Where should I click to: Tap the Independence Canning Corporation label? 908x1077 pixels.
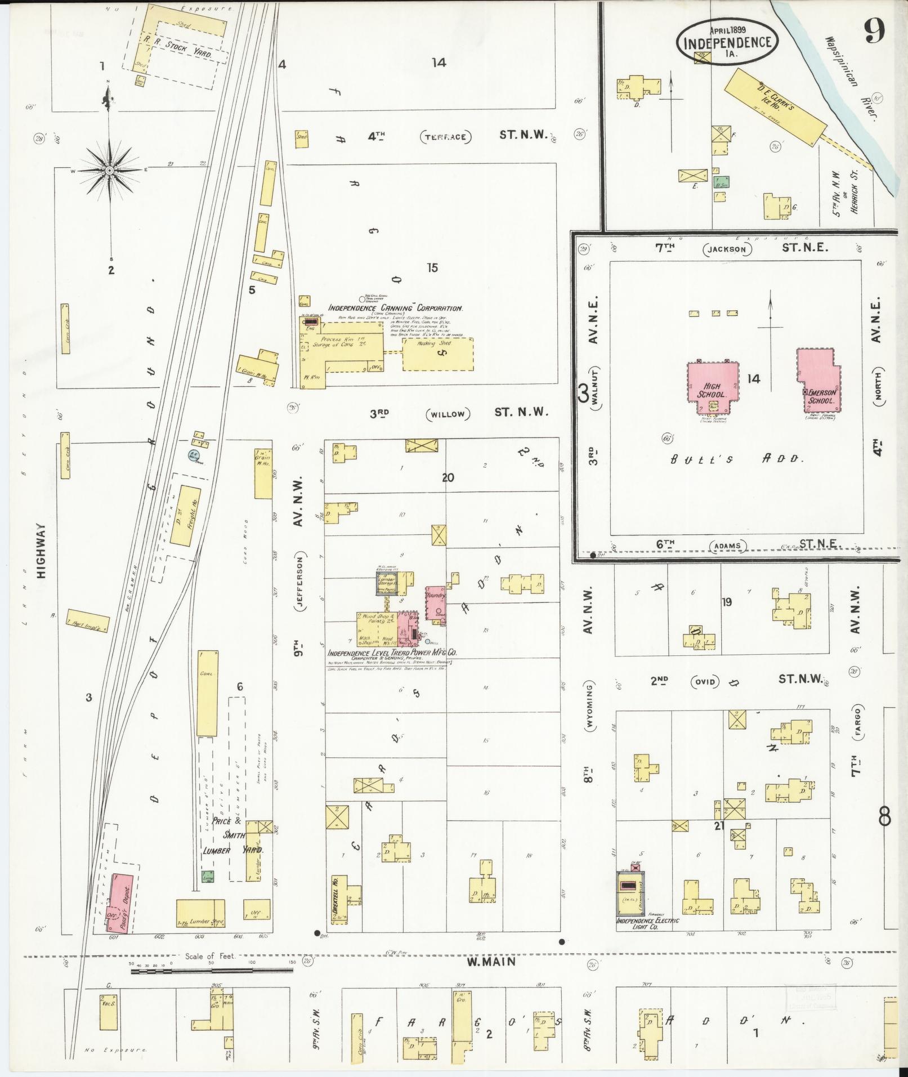pyautogui.click(x=395, y=309)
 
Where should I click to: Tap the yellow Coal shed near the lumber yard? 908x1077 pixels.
pyautogui.click(x=207, y=693)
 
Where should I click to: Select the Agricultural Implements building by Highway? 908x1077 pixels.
pyautogui.click(x=88, y=621)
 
